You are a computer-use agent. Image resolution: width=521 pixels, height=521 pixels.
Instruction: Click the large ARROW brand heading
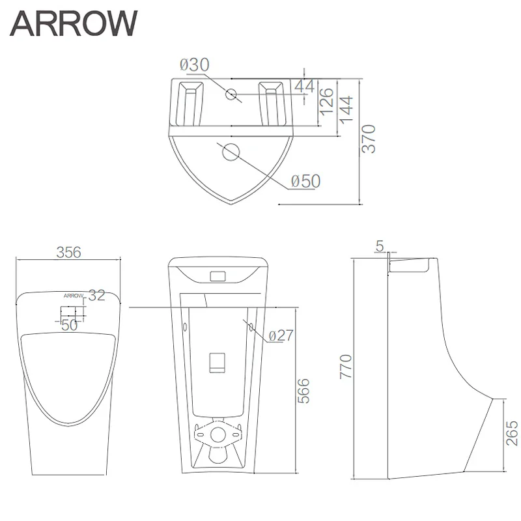pyautogui.click(x=73, y=24)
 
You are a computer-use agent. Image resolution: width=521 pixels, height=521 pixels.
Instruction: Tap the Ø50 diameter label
pyautogui.click(x=305, y=182)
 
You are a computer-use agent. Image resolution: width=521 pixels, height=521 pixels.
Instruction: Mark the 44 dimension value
pyautogui.click(x=304, y=87)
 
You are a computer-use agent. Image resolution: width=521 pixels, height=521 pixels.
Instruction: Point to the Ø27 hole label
pyautogui.click(x=279, y=336)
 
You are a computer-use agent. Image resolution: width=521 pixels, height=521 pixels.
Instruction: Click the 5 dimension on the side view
pyautogui.click(x=380, y=246)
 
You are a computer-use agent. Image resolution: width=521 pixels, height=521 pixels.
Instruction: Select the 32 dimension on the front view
pyautogui.click(x=96, y=296)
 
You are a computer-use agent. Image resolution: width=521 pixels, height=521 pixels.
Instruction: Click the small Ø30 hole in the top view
pyautogui.click(x=231, y=94)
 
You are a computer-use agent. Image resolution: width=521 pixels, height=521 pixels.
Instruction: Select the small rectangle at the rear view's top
pyautogui.click(x=219, y=276)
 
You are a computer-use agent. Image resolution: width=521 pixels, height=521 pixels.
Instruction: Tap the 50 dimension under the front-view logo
pyautogui.click(x=70, y=324)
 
